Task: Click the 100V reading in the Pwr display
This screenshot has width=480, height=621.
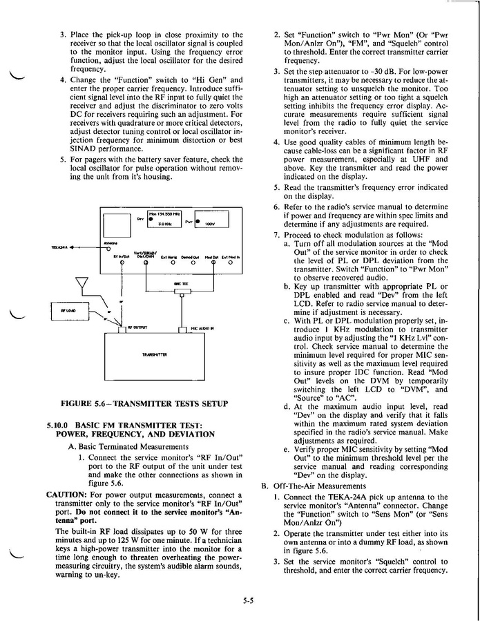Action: (211, 224)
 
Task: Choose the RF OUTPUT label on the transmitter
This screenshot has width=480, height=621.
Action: (136, 327)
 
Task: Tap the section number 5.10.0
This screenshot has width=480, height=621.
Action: (60, 425)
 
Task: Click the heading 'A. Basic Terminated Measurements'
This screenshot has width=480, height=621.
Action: (119, 446)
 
